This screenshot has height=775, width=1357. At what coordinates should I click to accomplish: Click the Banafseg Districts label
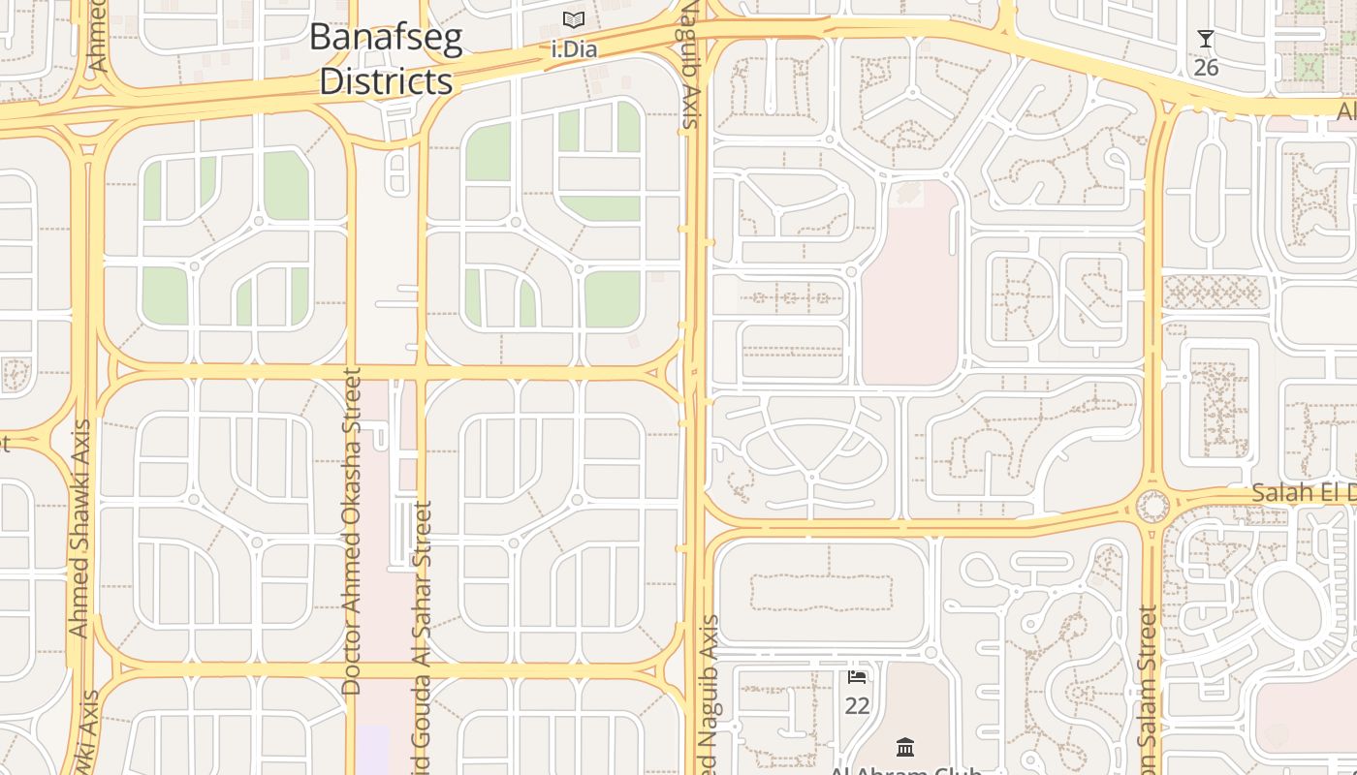click(x=386, y=59)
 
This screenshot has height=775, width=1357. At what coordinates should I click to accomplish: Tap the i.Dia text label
click(x=574, y=48)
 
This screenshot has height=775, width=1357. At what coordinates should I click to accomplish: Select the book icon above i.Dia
click(x=574, y=19)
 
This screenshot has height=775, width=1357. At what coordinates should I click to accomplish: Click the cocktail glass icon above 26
click(x=1206, y=39)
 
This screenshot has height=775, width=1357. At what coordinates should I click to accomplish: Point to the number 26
click(x=1206, y=68)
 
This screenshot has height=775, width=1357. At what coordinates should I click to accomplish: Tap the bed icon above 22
click(x=857, y=676)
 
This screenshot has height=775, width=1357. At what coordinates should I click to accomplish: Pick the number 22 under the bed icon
click(x=857, y=706)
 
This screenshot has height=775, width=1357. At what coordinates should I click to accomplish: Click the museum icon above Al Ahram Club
click(x=905, y=747)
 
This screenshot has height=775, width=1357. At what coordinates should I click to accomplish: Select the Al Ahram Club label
click(x=905, y=770)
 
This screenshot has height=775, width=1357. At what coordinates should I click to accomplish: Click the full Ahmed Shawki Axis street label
click(x=79, y=528)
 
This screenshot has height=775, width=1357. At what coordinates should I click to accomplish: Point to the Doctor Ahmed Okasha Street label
click(x=352, y=530)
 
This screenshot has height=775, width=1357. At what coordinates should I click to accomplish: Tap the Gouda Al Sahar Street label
click(x=422, y=639)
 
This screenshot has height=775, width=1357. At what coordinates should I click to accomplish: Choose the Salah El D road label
click(x=1303, y=492)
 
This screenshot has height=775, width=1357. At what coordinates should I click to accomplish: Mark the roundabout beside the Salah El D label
click(x=1152, y=506)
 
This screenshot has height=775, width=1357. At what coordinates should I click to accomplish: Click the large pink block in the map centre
click(x=909, y=291)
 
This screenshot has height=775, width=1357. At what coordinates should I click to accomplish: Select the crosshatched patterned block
click(x=1215, y=292)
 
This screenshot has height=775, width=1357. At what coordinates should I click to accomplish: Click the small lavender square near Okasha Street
click(x=372, y=750)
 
